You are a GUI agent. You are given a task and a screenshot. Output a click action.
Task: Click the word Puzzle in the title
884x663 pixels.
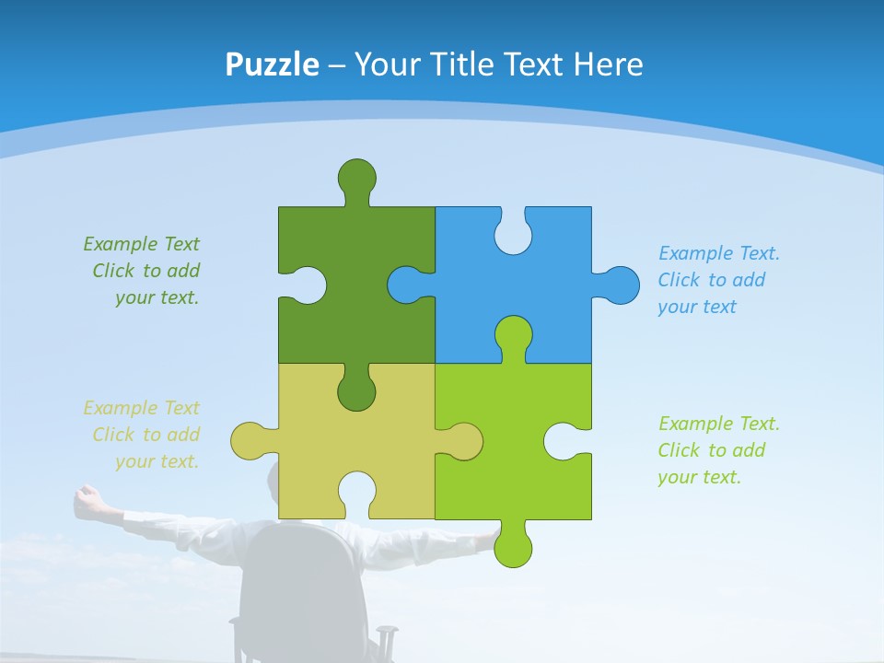[x=272, y=64]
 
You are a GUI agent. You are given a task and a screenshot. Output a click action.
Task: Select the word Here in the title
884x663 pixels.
[x=608, y=64]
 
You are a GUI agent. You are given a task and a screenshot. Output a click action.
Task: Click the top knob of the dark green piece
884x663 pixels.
[x=356, y=177]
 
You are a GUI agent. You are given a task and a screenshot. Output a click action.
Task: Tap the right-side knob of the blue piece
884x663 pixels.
[x=620, y=285]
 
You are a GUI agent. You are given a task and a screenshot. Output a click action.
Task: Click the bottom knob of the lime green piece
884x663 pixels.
[x=513, y=547]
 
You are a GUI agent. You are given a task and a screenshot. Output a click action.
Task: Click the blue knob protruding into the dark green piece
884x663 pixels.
[x=406, y=285]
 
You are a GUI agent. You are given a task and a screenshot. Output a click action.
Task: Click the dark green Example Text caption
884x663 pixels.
[x=143, y=271]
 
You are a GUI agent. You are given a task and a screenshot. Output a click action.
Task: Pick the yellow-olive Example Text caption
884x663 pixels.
[x=143, y=435]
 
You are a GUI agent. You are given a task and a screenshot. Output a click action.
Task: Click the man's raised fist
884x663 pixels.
[x=87, y=498]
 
